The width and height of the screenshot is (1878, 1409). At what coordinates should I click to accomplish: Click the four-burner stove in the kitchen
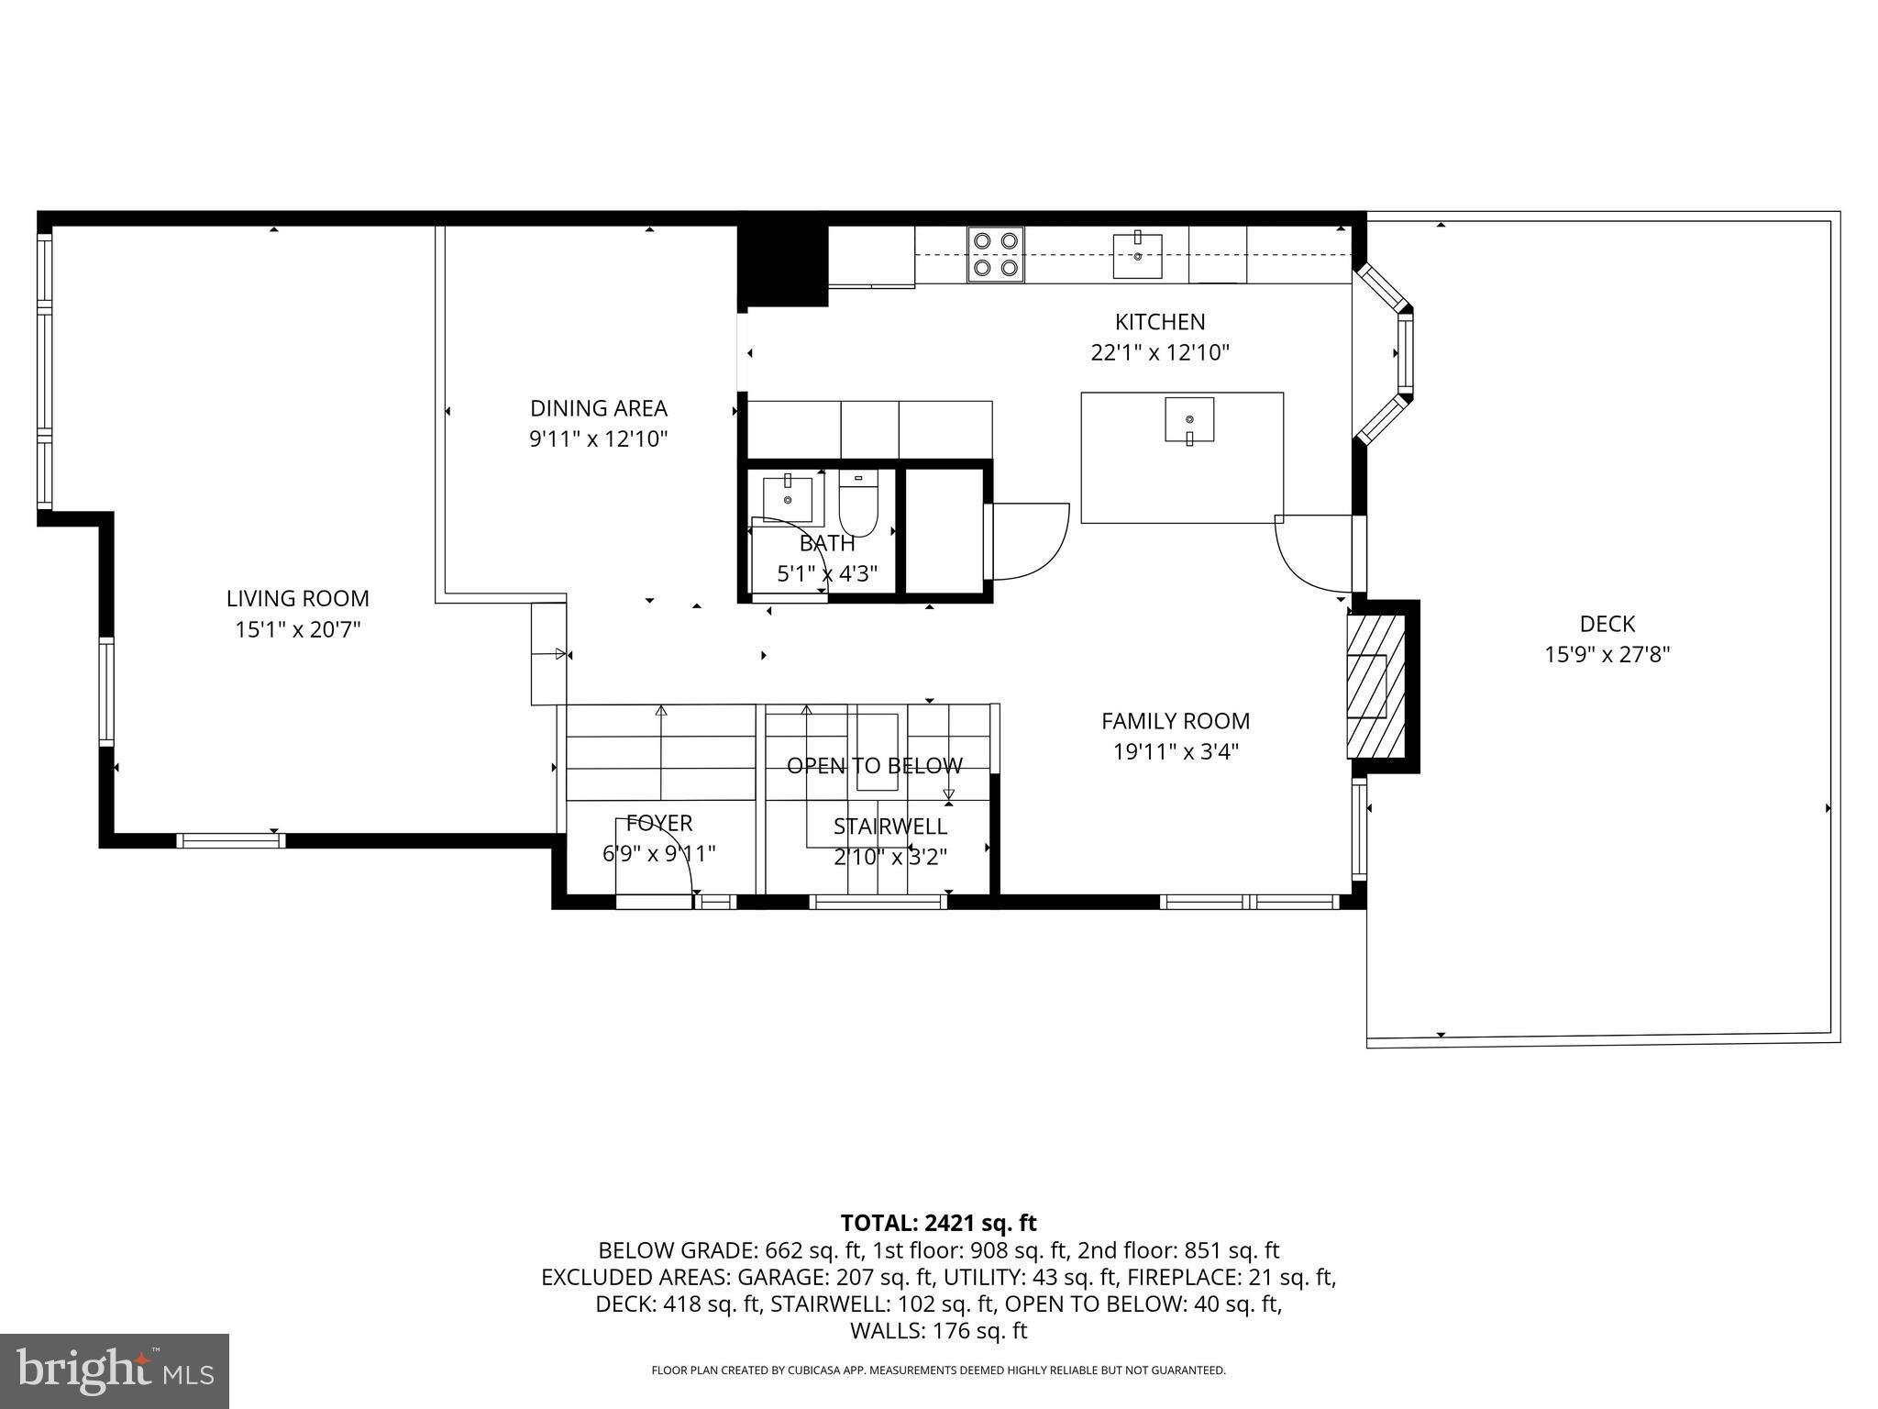996,254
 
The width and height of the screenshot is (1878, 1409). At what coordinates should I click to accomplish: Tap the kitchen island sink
1189,419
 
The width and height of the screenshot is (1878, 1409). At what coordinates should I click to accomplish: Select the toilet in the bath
858,505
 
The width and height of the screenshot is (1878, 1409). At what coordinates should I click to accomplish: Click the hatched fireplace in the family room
1375,686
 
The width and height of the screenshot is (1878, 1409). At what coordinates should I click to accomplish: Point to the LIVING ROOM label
298,599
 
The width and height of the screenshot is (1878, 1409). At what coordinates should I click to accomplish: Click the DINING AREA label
599,408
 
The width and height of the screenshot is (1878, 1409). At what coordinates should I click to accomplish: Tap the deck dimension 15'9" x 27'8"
1607,655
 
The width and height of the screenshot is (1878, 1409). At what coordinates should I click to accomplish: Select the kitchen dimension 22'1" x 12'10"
1159,353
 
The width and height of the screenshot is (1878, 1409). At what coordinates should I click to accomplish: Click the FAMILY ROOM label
1176,721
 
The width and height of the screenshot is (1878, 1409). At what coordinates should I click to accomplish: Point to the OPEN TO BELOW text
875,766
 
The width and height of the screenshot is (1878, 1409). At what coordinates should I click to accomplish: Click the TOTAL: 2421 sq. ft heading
938,1223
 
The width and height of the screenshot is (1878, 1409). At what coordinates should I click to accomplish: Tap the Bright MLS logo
115,1370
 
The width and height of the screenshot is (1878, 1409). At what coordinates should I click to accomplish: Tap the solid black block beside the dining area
782,264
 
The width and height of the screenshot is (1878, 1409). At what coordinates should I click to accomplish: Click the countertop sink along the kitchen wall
1137,256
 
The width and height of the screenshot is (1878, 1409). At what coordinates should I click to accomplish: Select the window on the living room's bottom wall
230,840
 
